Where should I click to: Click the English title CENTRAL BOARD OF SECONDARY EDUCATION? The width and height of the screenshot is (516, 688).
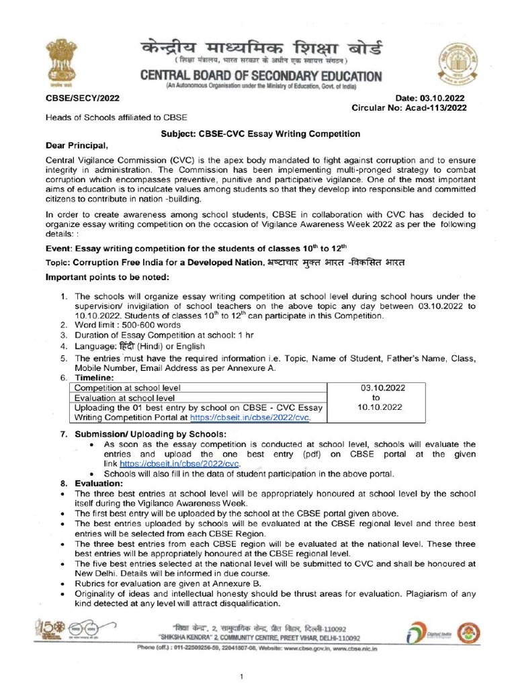point(261,76)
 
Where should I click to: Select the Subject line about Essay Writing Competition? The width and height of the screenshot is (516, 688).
point(261,134)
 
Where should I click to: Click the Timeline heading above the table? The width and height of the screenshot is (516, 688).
point(94,378)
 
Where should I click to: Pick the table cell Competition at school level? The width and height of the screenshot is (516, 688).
point(127,388)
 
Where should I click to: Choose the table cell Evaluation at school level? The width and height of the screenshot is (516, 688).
point(124,397)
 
